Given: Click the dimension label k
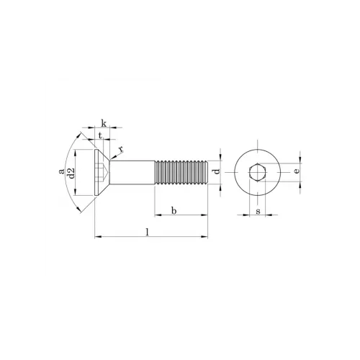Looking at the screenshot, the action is pyautogui.click(x=104, y=124).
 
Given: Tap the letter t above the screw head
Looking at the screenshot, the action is pyautogui.click(x=101, y=135).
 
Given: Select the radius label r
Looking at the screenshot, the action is pyautogui.click(x=121, y=149).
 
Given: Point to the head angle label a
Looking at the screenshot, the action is pyautogui.click(x=62, y=171).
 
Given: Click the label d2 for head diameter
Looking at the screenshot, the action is pyautogui.click(x=71, y=174).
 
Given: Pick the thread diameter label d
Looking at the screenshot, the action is pyautogui.click(x=217, y=171).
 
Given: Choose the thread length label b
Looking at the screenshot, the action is pyautogui.click(x=174, y=210).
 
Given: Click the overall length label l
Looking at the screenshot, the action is pyautogui.click(x=148, y=232).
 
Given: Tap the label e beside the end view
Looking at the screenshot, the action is pyautogui.click(x=297, y=171).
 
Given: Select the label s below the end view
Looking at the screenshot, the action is pyautogui.click(x=258, y=211).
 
